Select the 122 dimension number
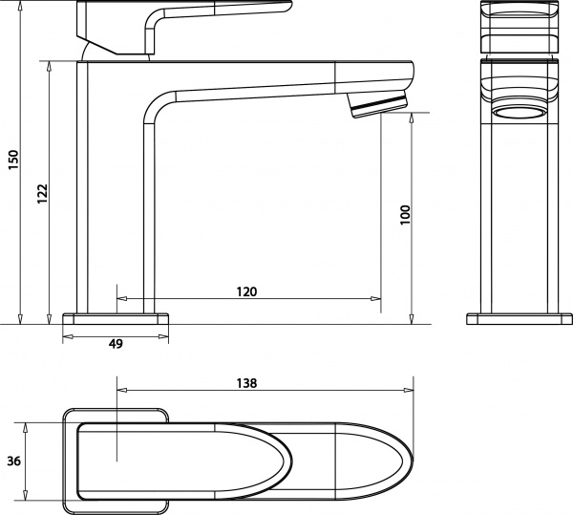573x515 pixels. click(41, 193)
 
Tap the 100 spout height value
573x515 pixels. click(404, 214)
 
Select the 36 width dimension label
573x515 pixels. click(13, 461)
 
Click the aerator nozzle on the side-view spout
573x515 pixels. click(380, 104)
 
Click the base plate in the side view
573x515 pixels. click(116, 318)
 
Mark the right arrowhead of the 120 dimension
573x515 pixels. click(373, 299)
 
